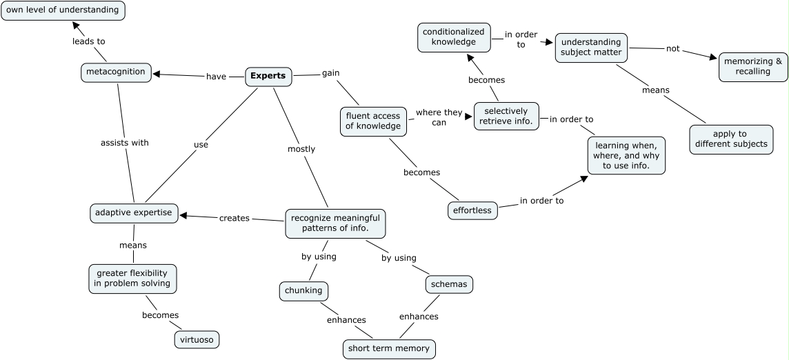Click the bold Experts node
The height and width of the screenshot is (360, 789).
point(268,76)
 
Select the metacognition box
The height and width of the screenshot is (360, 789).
point(116,72)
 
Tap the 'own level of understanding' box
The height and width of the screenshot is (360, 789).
point(63,10)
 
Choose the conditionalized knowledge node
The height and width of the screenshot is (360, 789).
point(454,37)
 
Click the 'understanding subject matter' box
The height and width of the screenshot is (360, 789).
point(591,47)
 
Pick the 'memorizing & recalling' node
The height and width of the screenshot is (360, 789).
point(753,66)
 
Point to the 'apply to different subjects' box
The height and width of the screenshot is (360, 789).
point(731,139)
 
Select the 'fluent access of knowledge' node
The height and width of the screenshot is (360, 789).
point(373,121)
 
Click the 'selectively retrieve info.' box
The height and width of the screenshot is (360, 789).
point(506,116)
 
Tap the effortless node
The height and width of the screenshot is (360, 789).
point(472,210)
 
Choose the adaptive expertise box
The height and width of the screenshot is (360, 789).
point(134,213)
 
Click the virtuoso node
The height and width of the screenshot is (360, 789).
point(199,339)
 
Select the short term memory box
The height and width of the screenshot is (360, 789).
point(389,348)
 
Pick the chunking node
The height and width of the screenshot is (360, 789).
point(303,290)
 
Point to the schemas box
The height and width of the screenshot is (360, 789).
point(449,283)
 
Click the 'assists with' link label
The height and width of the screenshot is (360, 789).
point(125,143)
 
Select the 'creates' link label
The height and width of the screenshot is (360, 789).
point(234,218)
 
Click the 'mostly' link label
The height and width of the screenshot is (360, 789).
point(301,149)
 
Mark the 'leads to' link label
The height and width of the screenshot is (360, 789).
point(89,41)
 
